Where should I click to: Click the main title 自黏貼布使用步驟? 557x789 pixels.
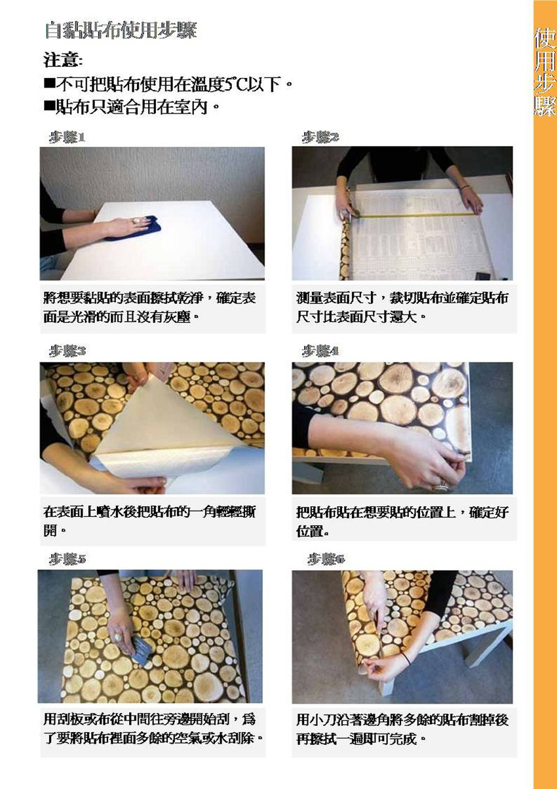pos(121,31)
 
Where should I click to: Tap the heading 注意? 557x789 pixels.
pos(63,60)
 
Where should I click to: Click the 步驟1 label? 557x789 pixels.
pos(67,137)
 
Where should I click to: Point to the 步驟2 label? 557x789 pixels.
pos(320,137)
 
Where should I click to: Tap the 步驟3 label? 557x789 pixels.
pos(67,351)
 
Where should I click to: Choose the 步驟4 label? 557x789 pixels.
pos(320,351)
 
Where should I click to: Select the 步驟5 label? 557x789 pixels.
pos(67,559)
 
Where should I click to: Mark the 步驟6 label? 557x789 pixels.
pos(326,559)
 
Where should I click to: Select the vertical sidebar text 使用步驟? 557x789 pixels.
pos(545,72)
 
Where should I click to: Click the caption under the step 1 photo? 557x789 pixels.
pos(150,308)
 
